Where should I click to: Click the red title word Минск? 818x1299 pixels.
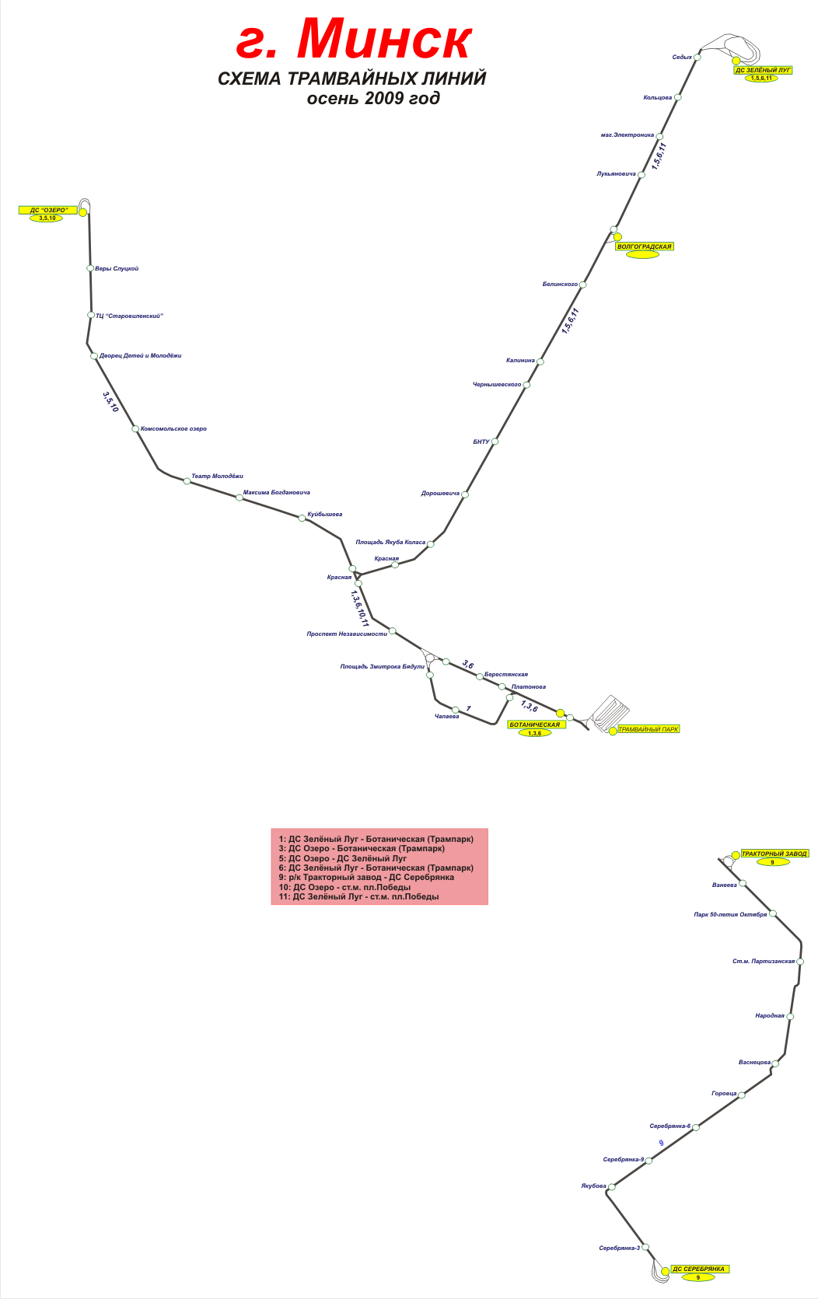pos(384,39)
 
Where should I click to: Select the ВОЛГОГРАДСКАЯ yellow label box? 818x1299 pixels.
pos(644,246)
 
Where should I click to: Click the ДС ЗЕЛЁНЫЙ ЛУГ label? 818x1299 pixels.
pos(763,70)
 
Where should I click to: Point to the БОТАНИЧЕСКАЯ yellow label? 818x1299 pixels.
pos(534,725)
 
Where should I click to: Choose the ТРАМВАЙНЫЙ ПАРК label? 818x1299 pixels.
pos(648,729)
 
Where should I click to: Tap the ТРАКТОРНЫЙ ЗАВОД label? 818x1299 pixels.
pos(774,854)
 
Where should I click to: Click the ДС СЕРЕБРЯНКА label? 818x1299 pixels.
pos(698,1269)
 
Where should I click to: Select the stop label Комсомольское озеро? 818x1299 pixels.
pos(173,429)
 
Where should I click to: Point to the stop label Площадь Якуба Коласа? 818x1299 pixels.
pos(390,543)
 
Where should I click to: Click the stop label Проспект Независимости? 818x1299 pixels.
pos(347,634)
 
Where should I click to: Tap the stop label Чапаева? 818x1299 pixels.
pos(446,717)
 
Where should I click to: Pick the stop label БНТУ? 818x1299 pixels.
pos(481,442)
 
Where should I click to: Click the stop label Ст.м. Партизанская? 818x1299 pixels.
pos(764,962)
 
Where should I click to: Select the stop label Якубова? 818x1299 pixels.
pos(593,1186)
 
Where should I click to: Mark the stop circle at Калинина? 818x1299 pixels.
pos(540,361)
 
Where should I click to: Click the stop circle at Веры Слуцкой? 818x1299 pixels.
pos(90,268)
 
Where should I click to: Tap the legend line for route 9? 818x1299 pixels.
pos(366,878)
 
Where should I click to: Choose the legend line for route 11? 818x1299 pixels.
pos(358,897)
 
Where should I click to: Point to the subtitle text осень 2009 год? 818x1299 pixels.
pos(373,99)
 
